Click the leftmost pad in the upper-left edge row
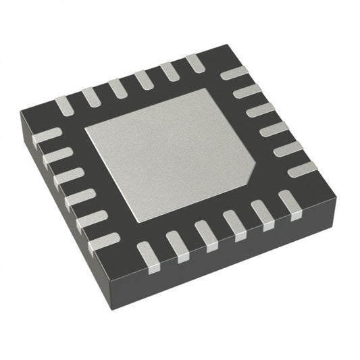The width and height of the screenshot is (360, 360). tap(63, 105)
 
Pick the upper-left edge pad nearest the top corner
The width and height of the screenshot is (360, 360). tap(195, 63)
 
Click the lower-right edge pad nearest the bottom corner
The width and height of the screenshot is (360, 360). tap(149, 257)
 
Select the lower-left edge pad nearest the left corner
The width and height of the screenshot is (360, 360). tap(45, 136)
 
